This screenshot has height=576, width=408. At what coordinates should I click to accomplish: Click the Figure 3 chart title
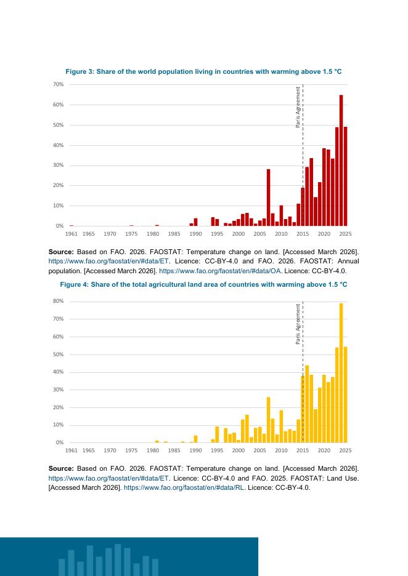[x=203, y=71]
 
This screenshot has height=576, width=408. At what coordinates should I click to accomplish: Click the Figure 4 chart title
[x=203, y=285]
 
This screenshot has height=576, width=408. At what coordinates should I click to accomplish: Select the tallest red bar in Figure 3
[x=341, y=161]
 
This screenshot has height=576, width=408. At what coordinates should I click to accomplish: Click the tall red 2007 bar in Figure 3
[x=269, y=198]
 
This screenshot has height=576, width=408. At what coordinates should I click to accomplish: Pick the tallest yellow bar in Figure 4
[x=341, y=373]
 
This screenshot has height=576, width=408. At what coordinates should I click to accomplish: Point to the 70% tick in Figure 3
[x=59, y=84]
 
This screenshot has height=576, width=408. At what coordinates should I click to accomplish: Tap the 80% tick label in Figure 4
[x=59, y=301]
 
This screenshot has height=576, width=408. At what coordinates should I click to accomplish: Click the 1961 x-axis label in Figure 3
[x=71, y=234]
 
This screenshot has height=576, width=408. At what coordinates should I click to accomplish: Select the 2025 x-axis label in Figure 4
[x=346, y=450]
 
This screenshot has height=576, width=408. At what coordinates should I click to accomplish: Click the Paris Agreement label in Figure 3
[x=298, y=107]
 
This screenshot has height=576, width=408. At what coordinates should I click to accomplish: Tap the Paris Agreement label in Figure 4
[x=298, y=324]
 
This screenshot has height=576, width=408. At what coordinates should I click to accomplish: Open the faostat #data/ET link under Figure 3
[x=108, y=262]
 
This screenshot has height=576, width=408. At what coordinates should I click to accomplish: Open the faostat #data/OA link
[x=219, y=271]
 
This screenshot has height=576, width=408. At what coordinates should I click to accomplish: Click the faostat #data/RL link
[x=184, y=488]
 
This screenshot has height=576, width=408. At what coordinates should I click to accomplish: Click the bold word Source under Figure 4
[x=61, y=469]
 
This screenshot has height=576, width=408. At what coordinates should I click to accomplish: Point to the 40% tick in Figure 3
[x=59, y=145]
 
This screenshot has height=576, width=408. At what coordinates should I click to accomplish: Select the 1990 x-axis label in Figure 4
[x=196, y=450]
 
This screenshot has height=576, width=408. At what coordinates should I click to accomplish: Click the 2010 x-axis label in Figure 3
[x=281, y=234]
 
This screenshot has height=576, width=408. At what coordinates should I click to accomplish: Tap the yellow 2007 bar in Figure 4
[x=269, y=420]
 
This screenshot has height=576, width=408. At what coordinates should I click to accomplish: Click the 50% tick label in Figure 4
[x=59, y=354]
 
